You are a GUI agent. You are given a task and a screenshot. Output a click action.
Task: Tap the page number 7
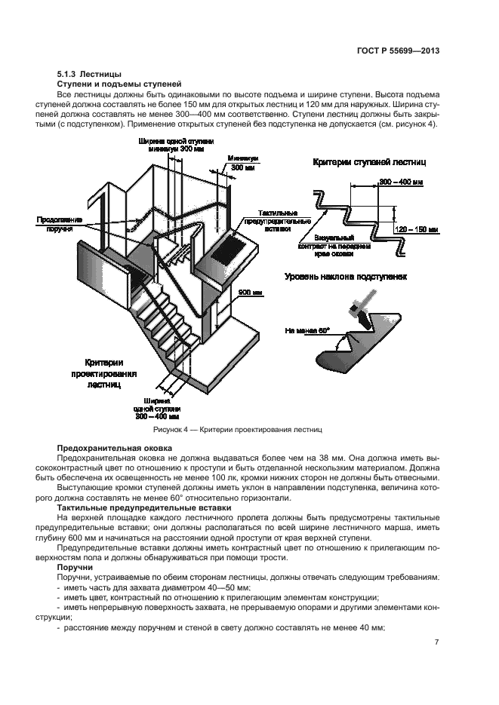tap(437, 642)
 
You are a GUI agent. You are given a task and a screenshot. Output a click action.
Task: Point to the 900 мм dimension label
tap(249, 292)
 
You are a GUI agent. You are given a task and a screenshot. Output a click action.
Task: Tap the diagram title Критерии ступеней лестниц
tap(370, 162)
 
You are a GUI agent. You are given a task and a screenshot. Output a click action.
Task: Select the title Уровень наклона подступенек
tap(346, 277)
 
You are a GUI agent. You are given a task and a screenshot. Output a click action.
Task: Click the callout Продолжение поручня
tap(54, 224)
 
